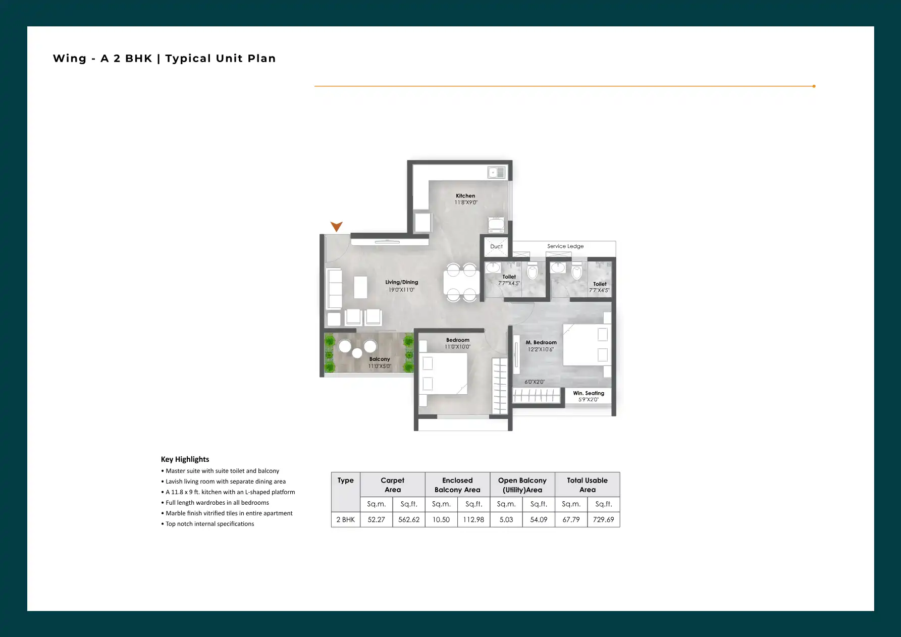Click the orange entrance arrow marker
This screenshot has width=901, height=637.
(337, 227)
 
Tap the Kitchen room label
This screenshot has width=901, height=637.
(465, 196)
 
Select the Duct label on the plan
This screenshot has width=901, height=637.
(497, 247)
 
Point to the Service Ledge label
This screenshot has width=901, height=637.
(565, 246)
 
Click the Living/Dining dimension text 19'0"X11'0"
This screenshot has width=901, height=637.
(401, 290)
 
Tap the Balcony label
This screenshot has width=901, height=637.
(380, 359)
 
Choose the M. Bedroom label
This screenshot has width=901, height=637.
(541, 342)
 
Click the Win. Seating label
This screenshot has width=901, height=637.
(589, 393)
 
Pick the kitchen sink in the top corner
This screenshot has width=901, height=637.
(497, 173)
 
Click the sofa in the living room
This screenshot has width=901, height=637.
(334, 288)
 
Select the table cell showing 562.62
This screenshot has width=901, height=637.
(409, 519)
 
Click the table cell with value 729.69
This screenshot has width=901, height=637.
(604, 519)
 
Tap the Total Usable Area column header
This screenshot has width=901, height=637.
(587, 485)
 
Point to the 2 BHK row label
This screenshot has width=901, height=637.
(346, 519)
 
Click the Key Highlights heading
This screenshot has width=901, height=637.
(185, 459)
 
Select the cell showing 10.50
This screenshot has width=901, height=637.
(441, 519)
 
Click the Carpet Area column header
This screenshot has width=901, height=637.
(393, 485)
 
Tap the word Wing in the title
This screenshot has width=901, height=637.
(70, 59)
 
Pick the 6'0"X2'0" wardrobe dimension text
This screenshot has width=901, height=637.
(535, 382)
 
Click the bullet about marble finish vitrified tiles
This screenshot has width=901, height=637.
(227, 513)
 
